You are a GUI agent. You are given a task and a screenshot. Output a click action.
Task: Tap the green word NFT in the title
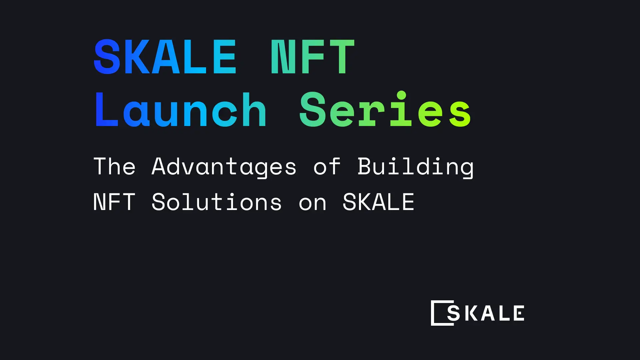click(x=312, y=57)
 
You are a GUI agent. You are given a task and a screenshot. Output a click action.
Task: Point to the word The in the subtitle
click(x=114, y=166)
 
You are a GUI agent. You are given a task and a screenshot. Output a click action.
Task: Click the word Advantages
click(x=224, y=166)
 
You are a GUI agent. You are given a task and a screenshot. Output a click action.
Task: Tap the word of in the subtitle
click(x=327, y=166)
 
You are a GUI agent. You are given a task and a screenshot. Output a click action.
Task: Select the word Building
click(x=415, y=166)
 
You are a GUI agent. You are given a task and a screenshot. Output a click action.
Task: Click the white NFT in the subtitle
click(x=114, y=202)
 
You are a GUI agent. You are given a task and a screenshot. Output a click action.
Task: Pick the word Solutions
click(x=217, y=202)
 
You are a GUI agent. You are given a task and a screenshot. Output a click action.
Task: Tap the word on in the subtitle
click(x=312, y=203)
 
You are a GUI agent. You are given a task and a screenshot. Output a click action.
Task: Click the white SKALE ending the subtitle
click(x=378, y=202)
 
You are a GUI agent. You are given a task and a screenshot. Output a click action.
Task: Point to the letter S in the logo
click(x=453, y=313)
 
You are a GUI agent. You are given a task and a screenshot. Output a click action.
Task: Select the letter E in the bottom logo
click(x=519, y=313)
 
